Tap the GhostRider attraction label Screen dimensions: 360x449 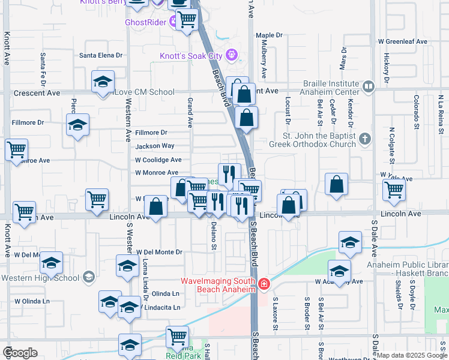(146, 23)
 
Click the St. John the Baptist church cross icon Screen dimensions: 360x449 (364, 140)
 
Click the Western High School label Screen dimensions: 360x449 (40, 278)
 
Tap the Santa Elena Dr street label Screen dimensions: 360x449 (101, 55)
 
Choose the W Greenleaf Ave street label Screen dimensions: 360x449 (402, 42)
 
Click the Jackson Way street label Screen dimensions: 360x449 (155, 146)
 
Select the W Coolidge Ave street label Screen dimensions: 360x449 (158, 160)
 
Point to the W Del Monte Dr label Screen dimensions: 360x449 (159, 253)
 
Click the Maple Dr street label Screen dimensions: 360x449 (269, 35)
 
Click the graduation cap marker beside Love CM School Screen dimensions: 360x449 (103, 81)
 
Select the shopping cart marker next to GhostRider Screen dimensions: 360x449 (187, 20)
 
